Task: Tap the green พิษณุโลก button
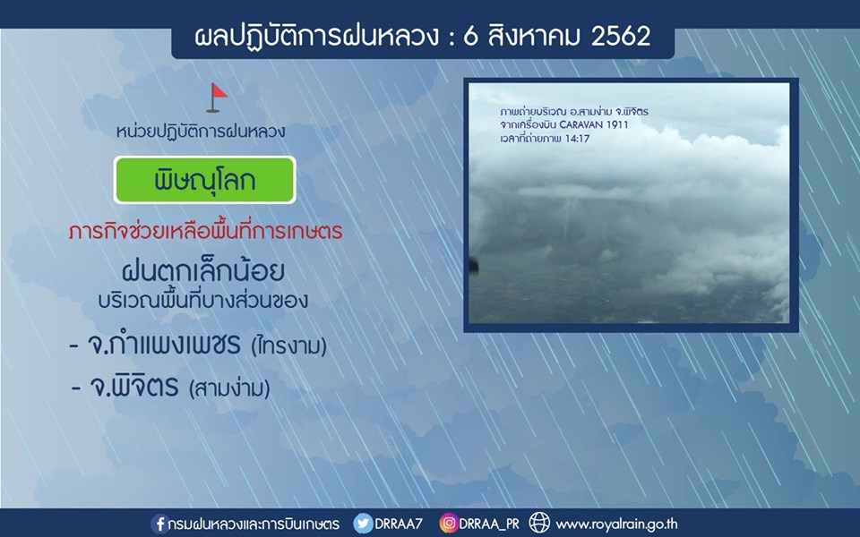click(x=204, y=180)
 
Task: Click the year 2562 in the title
click(x=621, y=36)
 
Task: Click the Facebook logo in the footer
click(x=159, y=524)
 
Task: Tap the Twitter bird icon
click(x=363, y=524)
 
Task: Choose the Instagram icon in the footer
click(x=448, y=524)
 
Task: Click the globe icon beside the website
click(x=539, y=523)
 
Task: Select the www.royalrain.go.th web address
click(x=617, y=524)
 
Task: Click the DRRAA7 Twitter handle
click(x=399, y=524)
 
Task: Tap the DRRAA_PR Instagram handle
click(x=489, y=524)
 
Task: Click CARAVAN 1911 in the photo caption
click(x=593, y=125)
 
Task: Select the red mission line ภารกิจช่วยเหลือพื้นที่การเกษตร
click(x=206, y=231)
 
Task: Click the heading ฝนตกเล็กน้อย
click(x=203, y=270)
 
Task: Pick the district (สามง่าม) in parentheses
click(x=229, y=389)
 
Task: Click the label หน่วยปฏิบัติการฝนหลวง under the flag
click(x=201, y=132)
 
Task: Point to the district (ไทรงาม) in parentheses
click(x=288, y=345)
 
